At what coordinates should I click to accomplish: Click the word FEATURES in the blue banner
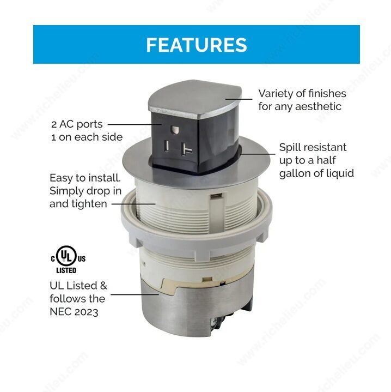click(x=197, y=45)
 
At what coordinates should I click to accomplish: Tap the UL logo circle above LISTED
click(x=66, y=256)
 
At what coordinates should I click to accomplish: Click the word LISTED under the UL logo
click(x=66, y=270)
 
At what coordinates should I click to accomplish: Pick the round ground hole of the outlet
click(x=174, y=130)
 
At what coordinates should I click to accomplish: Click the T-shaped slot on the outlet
click(x=186, y=149)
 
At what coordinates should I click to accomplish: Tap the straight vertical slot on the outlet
click(x=167, y=146)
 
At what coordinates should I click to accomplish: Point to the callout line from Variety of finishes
click(x=239, y=99)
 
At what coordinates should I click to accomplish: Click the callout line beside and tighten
click(x=133, y=204)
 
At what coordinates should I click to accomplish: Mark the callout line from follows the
click(x=135, y=294)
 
